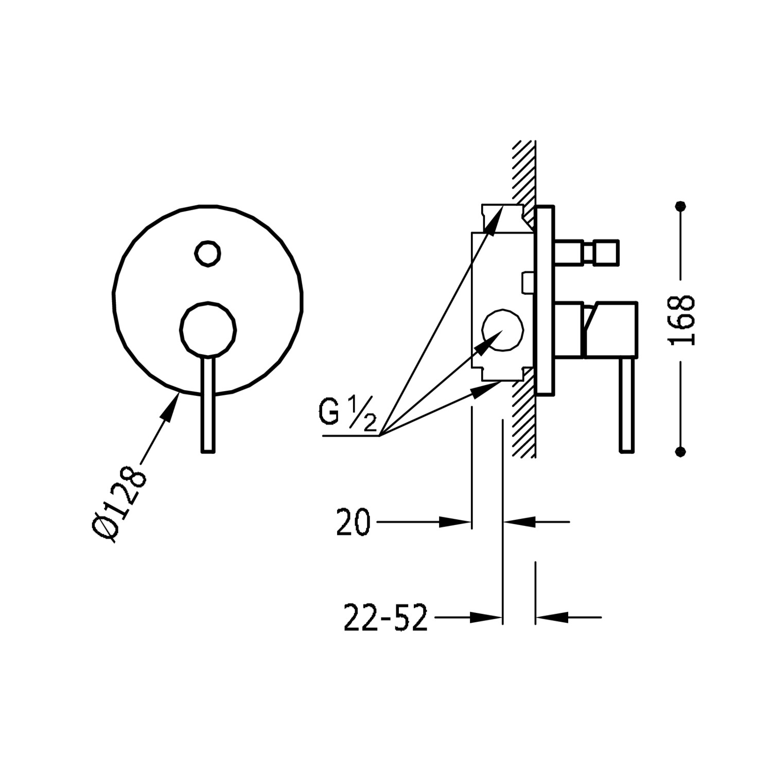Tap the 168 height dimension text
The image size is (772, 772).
click(x=681, y=320)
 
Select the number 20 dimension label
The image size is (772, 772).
click(x=354, y=522)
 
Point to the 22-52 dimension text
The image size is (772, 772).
click(x=385, y=617)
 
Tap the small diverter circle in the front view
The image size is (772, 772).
click(x=208, y=253)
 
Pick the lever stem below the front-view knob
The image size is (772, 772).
click(x=207, y=404)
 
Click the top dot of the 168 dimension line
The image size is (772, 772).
click(x=682, y=206)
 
